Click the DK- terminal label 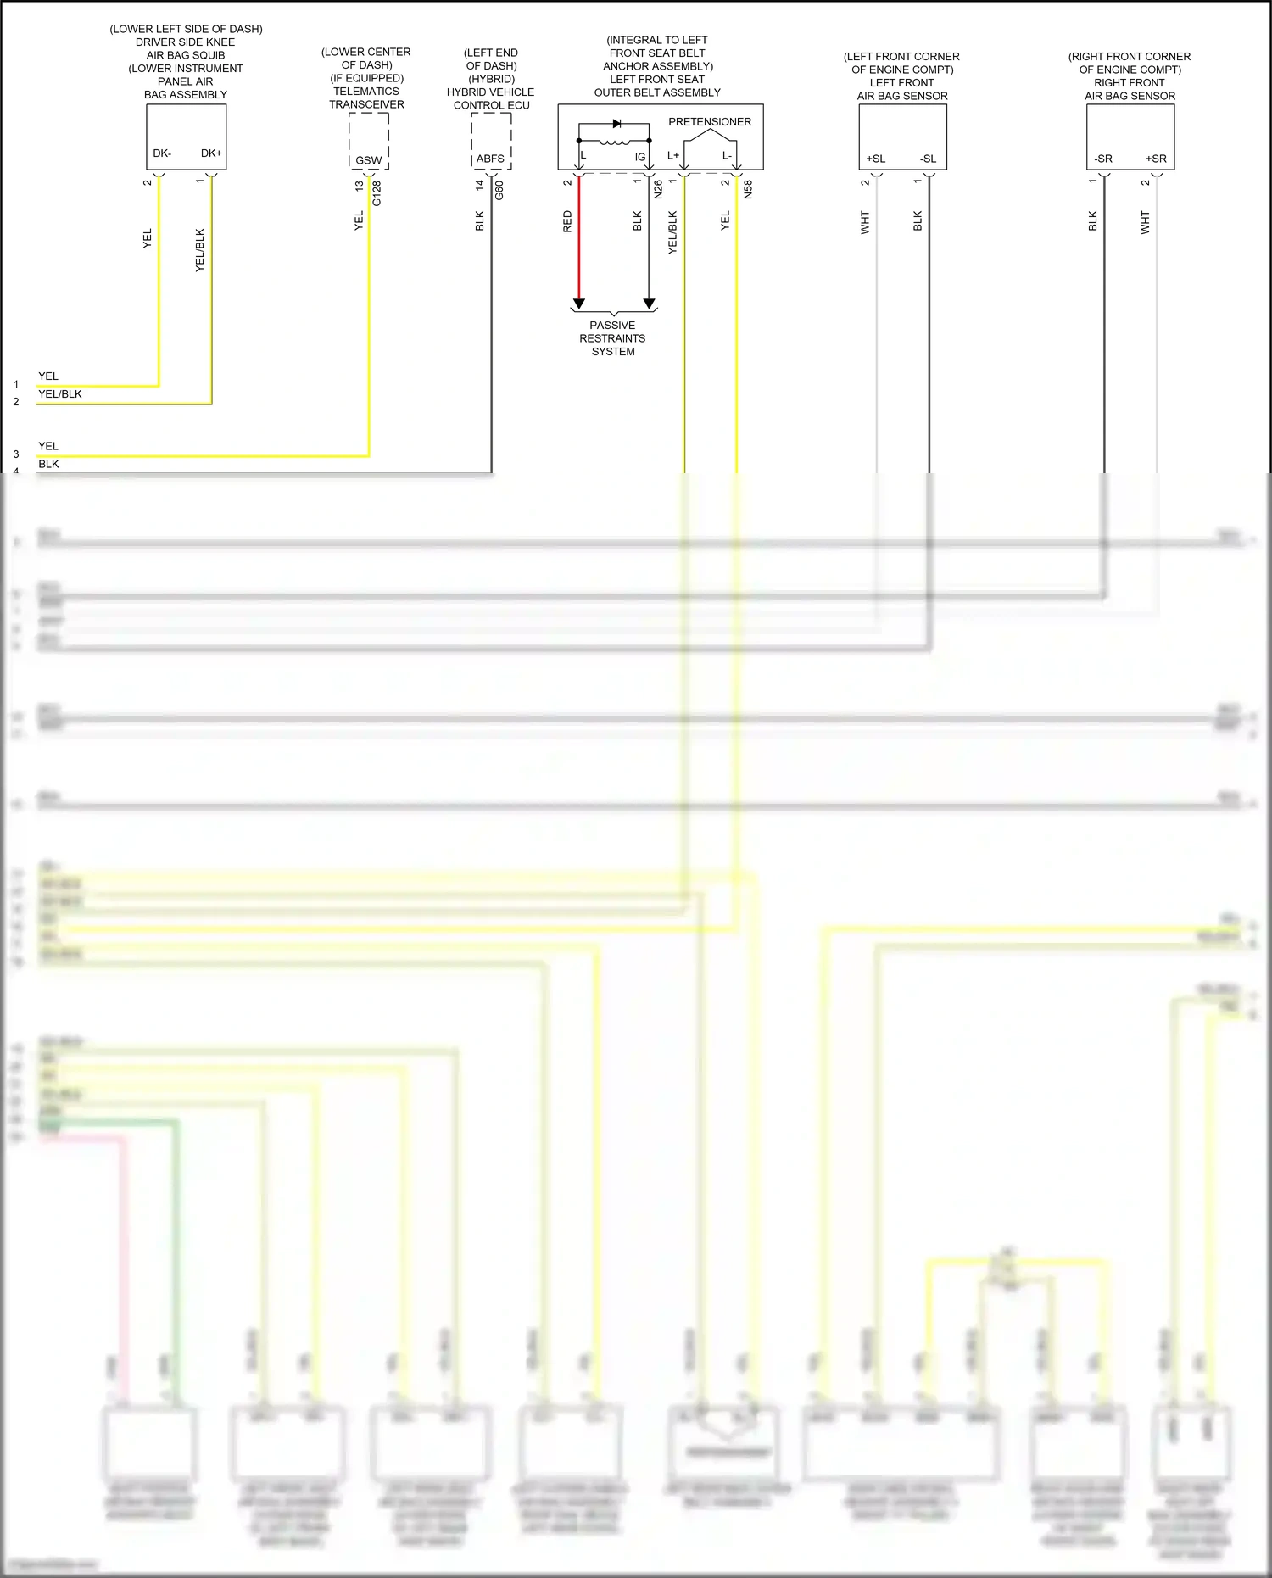[162, 153]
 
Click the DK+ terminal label [211, 153]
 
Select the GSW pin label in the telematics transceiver [368, 160]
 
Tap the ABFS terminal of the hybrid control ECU [490, 159]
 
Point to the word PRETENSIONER [710, 122]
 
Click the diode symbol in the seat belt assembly [616, 124]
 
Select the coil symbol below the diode [614, 142]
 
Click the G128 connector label [377, 193]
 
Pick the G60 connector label [499, 191]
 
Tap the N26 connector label [658, 190]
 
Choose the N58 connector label [748, 190]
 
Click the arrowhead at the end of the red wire [579, 304]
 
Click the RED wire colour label [567, 222]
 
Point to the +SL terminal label [876, 159]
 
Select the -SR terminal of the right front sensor [1103, 159]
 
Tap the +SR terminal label [1156, 159]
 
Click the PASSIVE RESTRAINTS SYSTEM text [613, 338]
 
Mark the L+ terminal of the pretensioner [673, 156]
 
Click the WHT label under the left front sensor [865, 223]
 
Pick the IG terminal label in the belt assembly [640, 157]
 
